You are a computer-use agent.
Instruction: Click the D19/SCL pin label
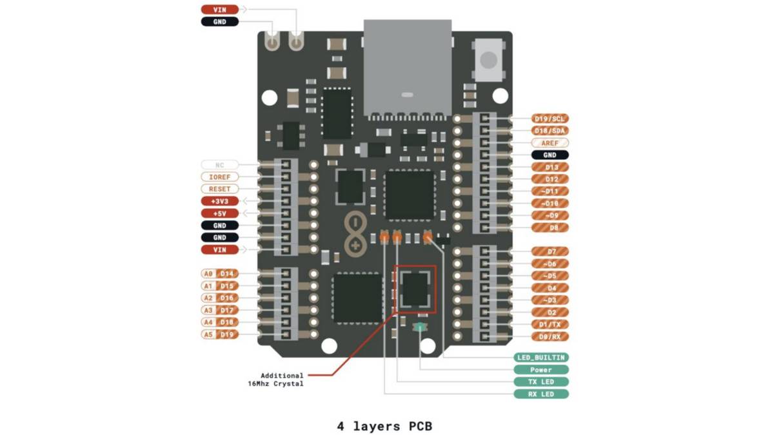click(x=550, y=119)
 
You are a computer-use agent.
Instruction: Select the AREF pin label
click(x=550, y=143)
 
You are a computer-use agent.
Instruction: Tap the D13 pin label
click(x=550, y=167)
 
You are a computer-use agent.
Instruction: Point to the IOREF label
click(x=219, y=177)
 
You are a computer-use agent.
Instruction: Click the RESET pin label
click(x=219, y=189)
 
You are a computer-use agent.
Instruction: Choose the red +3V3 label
click(x=219, y=201)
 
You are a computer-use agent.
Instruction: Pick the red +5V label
click(x=219, y=213)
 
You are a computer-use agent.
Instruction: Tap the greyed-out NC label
click(x=219, y=165)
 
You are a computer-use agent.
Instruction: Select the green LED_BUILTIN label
click(x=541, y=357)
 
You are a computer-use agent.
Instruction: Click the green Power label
click(x=541, y=369)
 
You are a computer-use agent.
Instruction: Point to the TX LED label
click(x=541, y=382)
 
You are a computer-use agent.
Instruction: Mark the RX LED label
click(x=541, y=394)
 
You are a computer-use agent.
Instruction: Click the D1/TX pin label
click(x=550, y=324)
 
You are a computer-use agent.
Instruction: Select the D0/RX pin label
click(x=550, y=336)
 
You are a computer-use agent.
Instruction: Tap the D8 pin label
click(x=550, y=227)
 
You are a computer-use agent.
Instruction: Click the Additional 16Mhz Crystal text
click(x=276, y=380)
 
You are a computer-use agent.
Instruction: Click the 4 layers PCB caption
click(x=384, y=426)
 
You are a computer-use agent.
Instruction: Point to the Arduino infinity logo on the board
click(x=353, y=233)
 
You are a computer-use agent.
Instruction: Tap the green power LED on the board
click(x=420, y=328)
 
